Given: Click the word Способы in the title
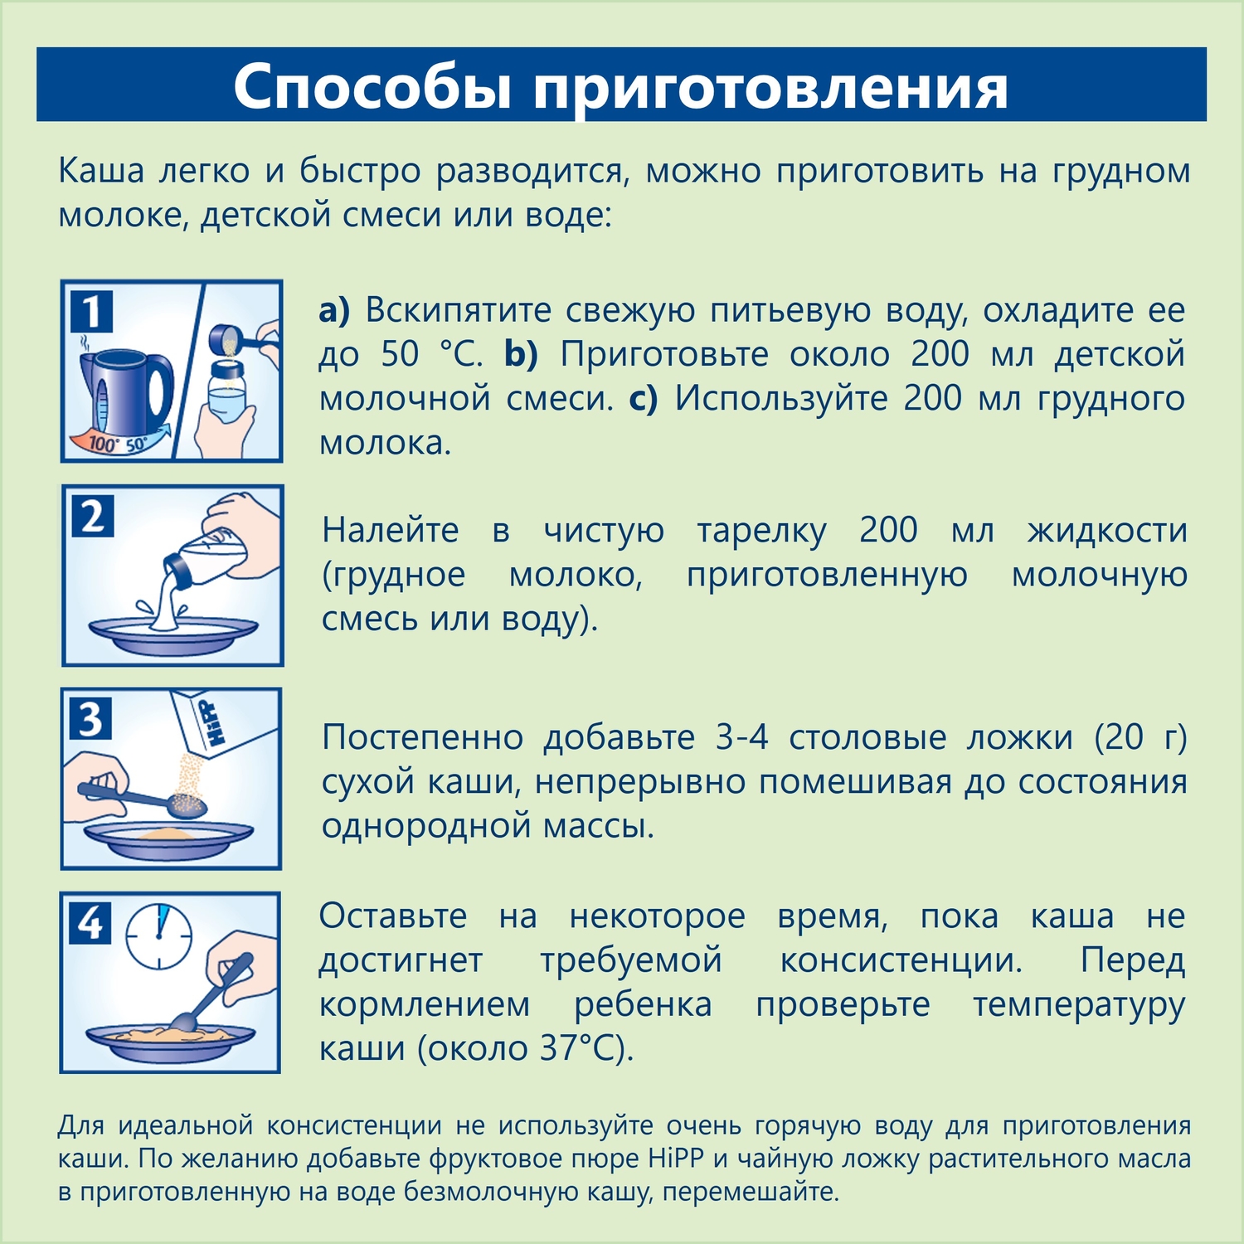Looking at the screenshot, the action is [372, 85].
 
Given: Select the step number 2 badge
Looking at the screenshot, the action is [93, 516].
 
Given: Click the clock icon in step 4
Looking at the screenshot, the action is [158, 935].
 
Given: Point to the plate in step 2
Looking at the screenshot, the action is [173, 634].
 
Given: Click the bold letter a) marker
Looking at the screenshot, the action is [334, 310].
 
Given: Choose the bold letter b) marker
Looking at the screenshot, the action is [521, 354].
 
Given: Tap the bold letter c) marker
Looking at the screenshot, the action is [643, 398].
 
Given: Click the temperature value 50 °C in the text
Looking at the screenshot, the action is [432, 354].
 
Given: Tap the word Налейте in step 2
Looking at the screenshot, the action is [390, 530].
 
